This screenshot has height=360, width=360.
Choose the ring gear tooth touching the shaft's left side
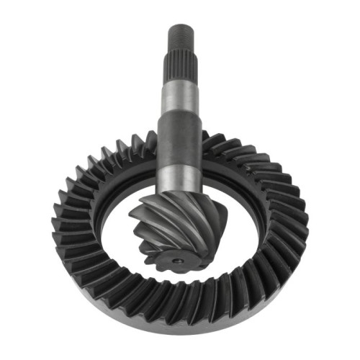click(x=151, y=140)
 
